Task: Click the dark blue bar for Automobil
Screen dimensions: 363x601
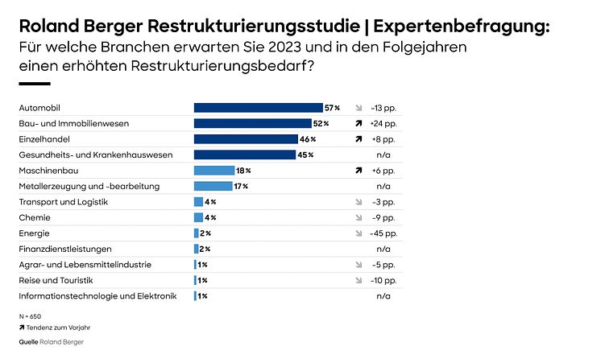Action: (258, 107)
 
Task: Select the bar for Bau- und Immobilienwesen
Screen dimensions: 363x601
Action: (252, 123)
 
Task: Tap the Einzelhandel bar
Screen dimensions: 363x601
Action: (246, 139)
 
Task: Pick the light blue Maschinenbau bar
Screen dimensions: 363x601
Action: (213, 171)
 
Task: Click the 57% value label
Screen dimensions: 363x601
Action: (332, 107)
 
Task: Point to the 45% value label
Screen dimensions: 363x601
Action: (305, 155)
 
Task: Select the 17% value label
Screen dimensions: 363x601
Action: (240, 186)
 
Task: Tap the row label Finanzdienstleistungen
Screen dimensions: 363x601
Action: (65, 249)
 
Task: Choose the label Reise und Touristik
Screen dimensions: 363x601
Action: (56, 280)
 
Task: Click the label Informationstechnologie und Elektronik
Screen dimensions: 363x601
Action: (97, 296)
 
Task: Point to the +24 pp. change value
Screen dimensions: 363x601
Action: (383, 123)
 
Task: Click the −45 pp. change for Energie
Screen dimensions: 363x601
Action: (383, 233)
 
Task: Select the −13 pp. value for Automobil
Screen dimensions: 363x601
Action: (383, 107)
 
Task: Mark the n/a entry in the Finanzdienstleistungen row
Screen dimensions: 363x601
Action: (383, 249)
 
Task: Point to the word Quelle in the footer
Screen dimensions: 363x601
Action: (28, 342)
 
